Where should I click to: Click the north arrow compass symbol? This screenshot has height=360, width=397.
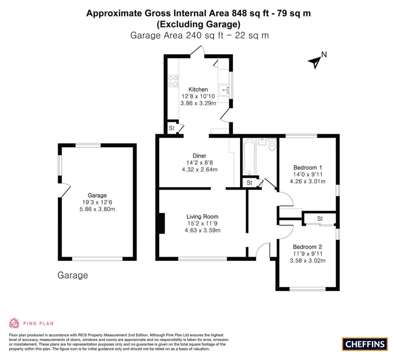point(315,61)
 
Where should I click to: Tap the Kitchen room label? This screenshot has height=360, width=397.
point(198,90)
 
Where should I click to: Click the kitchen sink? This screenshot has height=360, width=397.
point(224,90)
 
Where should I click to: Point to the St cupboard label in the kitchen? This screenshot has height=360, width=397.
point(171,128)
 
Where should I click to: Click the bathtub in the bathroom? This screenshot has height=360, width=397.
point(249,157)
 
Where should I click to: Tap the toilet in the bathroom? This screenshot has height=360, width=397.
point(272,145)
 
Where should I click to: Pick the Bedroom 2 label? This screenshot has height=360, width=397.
point(307,247)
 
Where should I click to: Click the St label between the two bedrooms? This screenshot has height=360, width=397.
point(320,219)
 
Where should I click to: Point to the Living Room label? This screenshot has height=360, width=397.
point(202,216)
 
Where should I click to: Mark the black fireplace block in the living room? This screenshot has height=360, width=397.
point(161,224)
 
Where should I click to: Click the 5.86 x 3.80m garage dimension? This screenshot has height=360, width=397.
point(97,209)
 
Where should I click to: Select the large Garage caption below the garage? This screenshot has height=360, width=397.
point(72,275)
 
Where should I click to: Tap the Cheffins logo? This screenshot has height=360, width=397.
point(364,344)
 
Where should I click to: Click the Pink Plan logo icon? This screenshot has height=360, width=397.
point(14,323)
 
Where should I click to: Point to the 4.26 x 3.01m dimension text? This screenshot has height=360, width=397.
point(307,181)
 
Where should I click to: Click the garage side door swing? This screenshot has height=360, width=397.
point(64,190)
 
